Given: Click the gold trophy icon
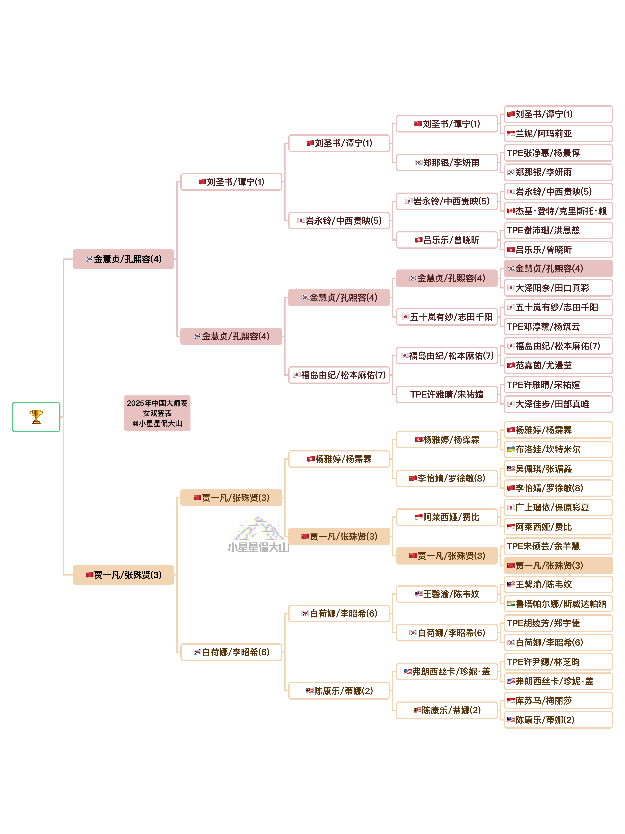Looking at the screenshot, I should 36,417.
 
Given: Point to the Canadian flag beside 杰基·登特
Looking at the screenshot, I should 510,211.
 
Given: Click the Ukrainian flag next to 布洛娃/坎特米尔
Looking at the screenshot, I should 510,449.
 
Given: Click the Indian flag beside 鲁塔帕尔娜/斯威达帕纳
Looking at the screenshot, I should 510,604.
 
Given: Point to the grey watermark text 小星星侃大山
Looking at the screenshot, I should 258,547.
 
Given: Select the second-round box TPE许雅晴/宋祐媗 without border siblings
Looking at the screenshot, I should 447,394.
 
